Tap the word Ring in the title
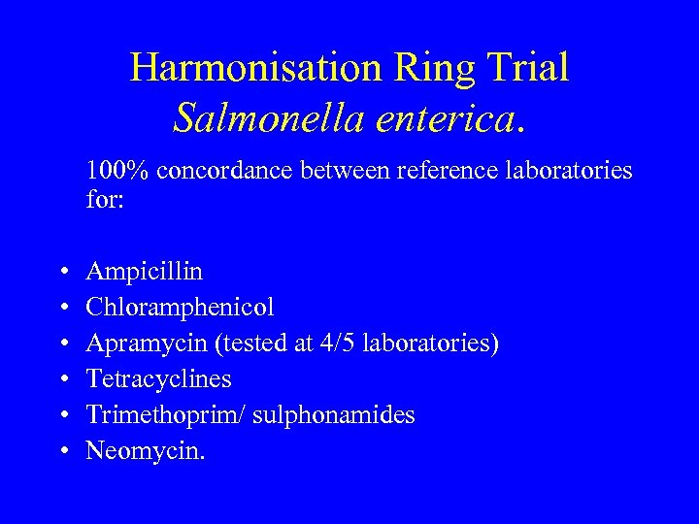pyautogui.click(x=427, y=68)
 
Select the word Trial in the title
pyautogui.click(x=525, y=68)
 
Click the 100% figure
pyautogui.click(x=117, y=172)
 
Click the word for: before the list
pyautogui.click(x=102, y=200)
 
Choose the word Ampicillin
pyautogui.click(x=144, y=271)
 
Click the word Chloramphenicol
pyautogui.click(x=180, y=307)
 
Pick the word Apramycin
pyautogui.click(x=136, y=343)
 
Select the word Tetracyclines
pyautogui.click(x=158, y=378)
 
